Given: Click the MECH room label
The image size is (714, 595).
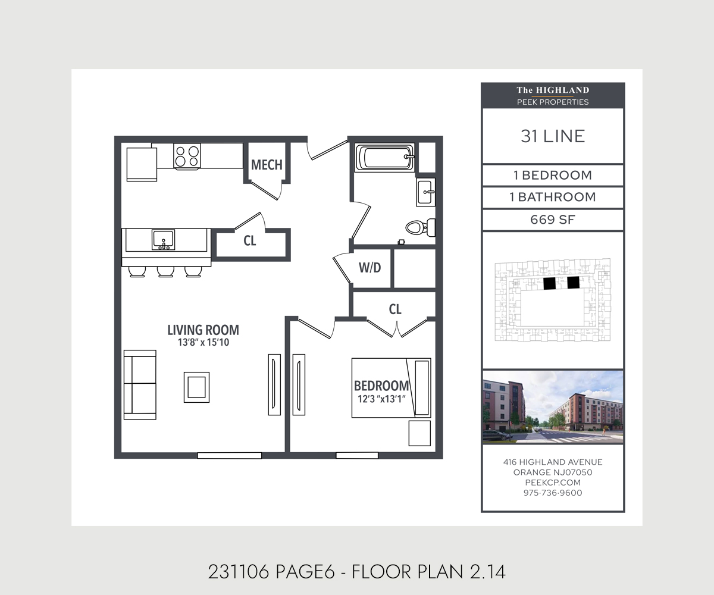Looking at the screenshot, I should click(267, 165).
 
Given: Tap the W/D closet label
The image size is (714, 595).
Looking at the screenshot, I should click(369, 268).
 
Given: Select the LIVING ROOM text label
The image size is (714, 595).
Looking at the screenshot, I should click(203, 330).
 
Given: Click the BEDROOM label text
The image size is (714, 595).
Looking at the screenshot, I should click(381, 385).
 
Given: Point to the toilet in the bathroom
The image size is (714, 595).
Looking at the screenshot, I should click(419, 227).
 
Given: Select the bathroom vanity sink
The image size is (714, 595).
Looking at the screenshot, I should click(425, 192).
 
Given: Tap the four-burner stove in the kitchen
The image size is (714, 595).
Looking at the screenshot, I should click(187, 156).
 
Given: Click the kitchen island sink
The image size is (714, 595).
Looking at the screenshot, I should click(163, 240).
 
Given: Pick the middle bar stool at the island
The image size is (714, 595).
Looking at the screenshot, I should click(165, 272).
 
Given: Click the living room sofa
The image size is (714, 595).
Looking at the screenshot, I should click(139, 385).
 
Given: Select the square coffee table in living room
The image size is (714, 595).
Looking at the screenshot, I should click(196, 387).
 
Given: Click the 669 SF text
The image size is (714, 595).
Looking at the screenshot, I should click(552, 220).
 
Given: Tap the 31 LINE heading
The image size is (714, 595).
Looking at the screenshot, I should click(553, 136).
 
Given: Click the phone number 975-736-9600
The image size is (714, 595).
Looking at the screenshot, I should click(553, 493).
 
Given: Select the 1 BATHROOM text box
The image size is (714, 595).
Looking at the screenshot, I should click(553, 197).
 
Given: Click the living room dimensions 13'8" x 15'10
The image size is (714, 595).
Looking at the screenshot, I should click(203, 343).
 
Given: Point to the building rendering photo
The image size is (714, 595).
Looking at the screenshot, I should click(553, 407).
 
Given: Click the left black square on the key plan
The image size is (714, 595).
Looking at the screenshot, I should click(550, 283).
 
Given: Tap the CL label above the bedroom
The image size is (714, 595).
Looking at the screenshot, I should click(395, 309).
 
